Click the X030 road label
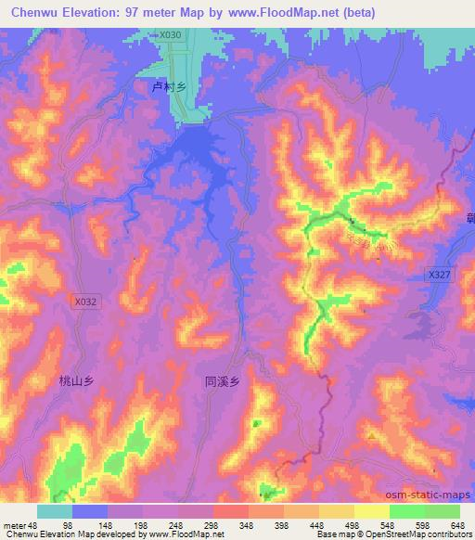point(169,35)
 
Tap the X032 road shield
point(84,301)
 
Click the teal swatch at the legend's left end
point(55,511)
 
